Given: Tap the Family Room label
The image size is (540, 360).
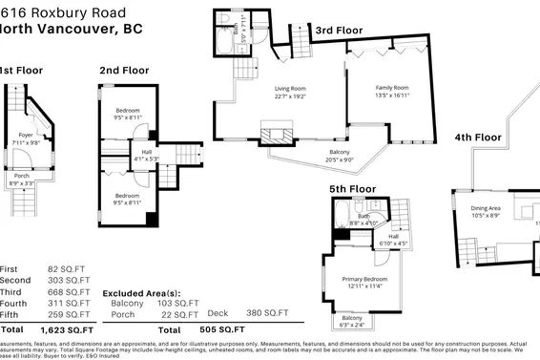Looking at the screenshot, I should click(391, 88).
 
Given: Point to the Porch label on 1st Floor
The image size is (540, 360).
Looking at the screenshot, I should click(19, 176).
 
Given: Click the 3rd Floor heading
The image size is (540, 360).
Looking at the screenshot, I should click(339, 31).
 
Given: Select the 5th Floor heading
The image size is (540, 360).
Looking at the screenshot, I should click(353, 189).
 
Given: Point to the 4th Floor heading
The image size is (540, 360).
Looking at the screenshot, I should click(477, 138).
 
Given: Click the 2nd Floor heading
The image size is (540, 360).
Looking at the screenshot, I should click(125, 70).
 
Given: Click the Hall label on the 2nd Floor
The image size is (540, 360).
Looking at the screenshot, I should click(146, 151).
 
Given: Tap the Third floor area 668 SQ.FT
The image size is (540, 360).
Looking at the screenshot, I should click(63, 292).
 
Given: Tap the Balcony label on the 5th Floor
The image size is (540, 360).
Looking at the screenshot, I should click(352, 318).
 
